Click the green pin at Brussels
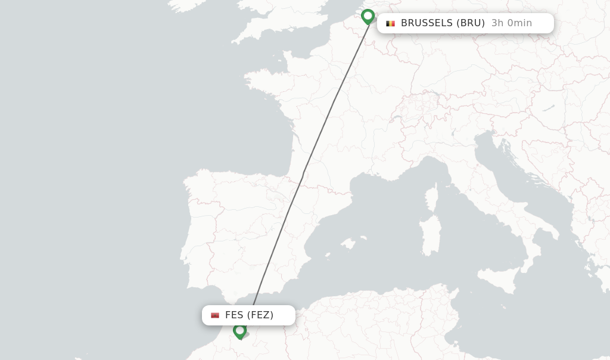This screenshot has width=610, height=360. click(368, 16)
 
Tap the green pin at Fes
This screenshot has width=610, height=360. click(239, 330)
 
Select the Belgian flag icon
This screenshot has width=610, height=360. click(390, 23)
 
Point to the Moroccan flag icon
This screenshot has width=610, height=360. click(215, 315)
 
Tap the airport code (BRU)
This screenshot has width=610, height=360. click(471, 23)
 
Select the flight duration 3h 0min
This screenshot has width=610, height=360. click(511, 23)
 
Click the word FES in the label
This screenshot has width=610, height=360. click(234, 315)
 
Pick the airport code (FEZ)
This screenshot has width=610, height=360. click(260, 315)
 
